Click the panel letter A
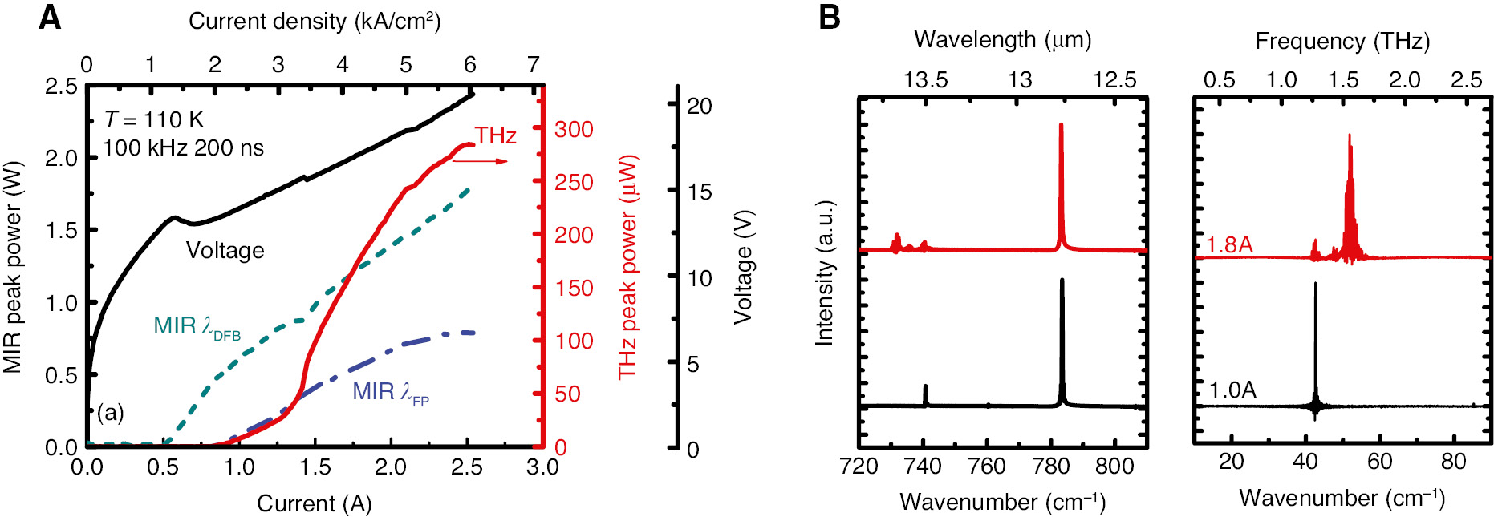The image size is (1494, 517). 50,18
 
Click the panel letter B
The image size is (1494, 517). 830,18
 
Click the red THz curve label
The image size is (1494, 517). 495,135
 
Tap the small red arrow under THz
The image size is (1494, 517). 480,161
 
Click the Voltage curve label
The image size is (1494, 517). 225,251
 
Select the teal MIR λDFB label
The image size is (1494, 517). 197,327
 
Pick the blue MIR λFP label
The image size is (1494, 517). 391,392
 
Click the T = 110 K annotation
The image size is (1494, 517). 154,120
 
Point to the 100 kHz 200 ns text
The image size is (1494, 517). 183,148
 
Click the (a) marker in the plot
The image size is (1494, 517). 110,413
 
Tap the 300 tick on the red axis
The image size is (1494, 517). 574,130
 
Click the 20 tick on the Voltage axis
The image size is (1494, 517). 699,107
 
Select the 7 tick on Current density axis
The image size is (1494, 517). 534,65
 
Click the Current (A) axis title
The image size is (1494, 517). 314,503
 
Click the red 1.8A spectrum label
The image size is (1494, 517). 1229,244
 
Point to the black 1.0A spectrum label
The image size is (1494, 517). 1232,390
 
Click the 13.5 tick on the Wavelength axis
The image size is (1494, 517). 925,80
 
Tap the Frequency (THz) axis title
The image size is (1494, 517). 1342,42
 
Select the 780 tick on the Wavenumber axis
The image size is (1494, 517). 1050,466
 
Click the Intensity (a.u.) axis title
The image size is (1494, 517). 825,273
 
